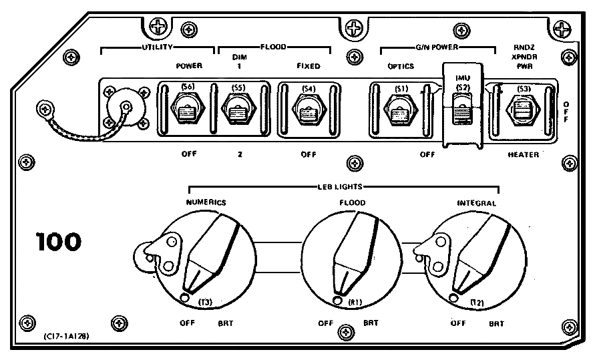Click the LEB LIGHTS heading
tap(343, 188)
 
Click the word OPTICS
tap(401, 66)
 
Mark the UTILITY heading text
tap(158, 47)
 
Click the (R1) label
tap(355, 303)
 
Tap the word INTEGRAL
tap(476, 202)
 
